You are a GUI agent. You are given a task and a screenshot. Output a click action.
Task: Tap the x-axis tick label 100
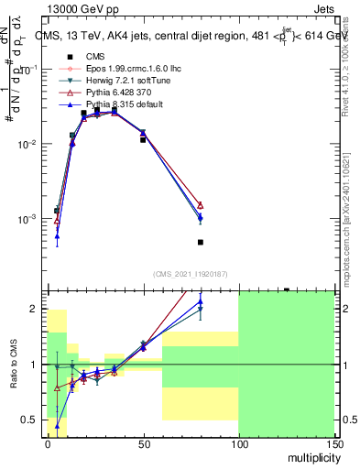tap(238, 443)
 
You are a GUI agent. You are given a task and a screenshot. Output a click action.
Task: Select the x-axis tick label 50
tap(143, 443)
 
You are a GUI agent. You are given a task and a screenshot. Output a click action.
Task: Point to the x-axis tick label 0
tap(48, 443)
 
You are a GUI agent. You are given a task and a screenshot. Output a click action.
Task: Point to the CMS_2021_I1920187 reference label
tap(188, 274)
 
